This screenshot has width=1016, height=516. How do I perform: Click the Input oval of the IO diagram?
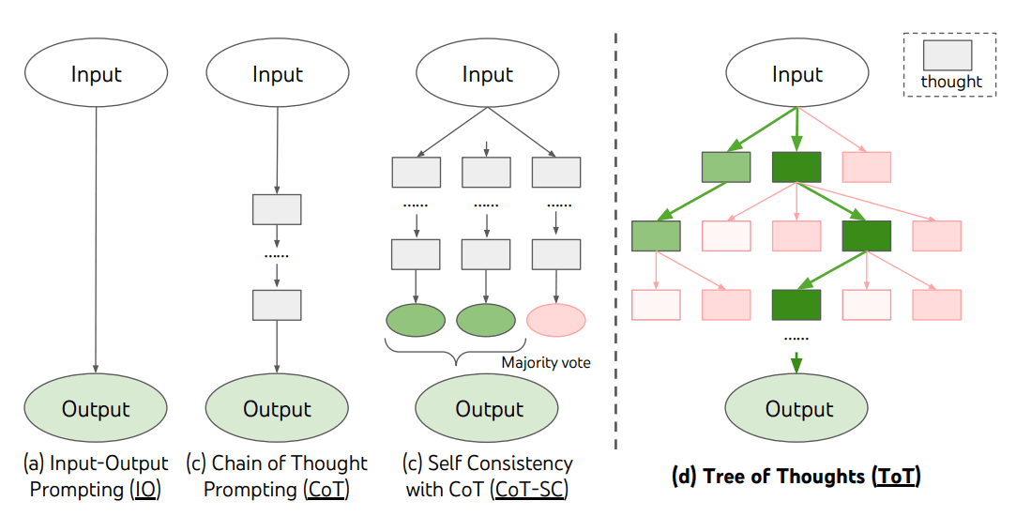click(97, 75)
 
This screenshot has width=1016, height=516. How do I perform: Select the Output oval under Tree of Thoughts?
click(798, 409)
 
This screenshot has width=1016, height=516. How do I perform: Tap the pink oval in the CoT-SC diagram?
click(556, 320)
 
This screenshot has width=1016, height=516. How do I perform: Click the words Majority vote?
click(545, 362)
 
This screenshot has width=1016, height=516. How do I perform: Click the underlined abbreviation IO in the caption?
click(147, 490)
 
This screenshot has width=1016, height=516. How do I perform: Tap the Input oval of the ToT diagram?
click(797, 75)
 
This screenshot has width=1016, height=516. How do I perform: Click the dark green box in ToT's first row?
click(796, 167)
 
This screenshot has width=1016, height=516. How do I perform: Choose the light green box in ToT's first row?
click(726, 167)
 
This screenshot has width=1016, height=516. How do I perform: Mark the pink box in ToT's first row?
click(867, 167)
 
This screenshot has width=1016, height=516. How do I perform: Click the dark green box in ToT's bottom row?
click(796, 305)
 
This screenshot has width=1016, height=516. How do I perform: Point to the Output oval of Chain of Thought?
click(278, 409)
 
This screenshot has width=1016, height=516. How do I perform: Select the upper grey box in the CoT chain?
click(277, 209)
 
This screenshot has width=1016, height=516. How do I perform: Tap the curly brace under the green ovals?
click(456, 353)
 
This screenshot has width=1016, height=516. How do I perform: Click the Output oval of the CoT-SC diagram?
click(489, 409)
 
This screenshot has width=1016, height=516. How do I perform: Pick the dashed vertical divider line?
click(615, 235)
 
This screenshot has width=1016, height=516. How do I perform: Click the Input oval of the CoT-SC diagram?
click(488, 75)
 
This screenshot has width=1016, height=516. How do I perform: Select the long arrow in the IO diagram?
click(97, 235)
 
